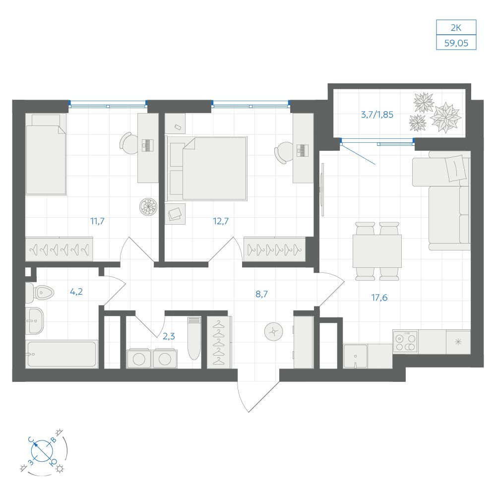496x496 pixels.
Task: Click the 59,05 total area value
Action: point(456,43)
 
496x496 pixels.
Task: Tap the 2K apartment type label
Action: point(456,27)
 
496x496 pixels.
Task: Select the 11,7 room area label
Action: point(97,221)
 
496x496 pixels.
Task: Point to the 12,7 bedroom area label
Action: point(221,221)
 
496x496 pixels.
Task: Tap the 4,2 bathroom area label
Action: point(76,292)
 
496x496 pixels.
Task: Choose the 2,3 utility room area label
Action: point(169,336)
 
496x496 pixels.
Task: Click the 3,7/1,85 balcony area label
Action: point(377,115)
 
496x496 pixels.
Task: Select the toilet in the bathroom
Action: point(39,293)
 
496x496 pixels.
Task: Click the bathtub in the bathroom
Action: point(62,354)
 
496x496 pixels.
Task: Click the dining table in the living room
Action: point(377,251)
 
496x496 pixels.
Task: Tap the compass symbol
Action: point(42,451)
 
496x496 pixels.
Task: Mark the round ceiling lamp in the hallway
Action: point(273,331)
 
